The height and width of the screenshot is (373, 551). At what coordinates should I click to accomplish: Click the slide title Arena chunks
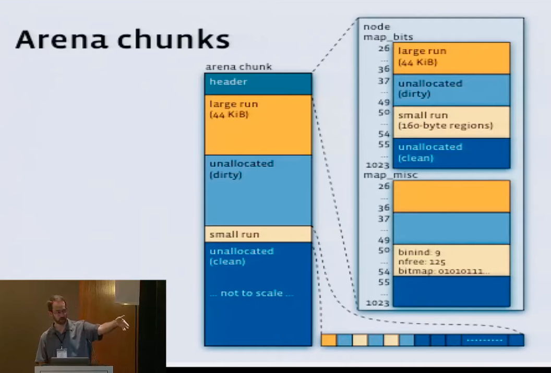122,40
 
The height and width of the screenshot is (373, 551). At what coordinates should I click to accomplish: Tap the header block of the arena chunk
258,83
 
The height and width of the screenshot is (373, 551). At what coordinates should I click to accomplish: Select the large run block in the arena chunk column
258,124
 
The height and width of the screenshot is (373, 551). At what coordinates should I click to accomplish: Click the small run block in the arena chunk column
258,234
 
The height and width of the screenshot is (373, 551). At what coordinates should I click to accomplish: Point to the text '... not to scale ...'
251,293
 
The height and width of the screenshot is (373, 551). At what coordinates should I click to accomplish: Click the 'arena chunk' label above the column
238,67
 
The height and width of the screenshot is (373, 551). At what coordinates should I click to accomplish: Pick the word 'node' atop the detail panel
377,27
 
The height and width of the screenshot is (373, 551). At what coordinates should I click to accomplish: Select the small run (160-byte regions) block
451,122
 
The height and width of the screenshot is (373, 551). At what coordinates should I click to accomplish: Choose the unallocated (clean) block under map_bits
451,153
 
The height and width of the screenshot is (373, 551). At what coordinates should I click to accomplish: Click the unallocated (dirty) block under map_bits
451,89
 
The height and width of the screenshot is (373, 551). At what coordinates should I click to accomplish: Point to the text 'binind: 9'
419,252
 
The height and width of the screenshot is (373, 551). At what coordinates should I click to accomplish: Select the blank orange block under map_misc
451,196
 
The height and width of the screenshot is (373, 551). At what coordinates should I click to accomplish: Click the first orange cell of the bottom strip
329,340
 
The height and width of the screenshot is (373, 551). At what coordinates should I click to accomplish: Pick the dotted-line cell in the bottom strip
485,340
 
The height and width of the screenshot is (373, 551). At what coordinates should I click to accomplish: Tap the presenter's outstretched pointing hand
122,322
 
